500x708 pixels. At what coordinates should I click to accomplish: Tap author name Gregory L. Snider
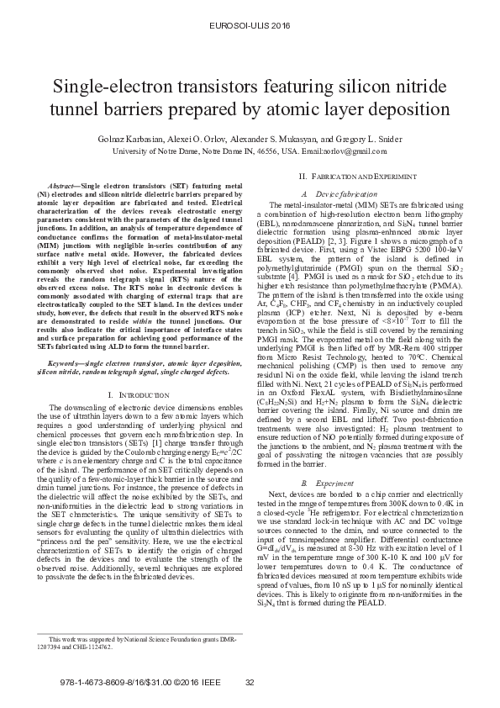tap(350, 139)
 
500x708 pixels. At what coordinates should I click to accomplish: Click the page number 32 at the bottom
tap(249, 681)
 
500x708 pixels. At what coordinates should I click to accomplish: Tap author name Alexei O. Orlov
tap(213, 139)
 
